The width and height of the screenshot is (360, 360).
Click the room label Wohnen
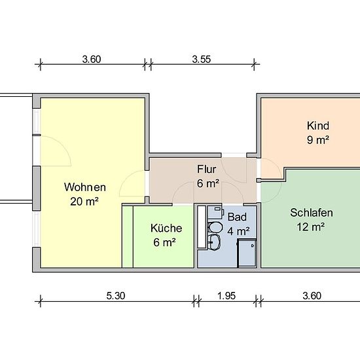[x=85, y=187]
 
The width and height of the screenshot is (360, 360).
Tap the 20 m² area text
[x=84, y=202]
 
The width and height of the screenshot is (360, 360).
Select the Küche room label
[x=166, y=228]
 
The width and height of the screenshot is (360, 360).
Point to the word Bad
[x=237, y=217]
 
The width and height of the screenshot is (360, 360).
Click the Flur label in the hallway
[x=207, y=170]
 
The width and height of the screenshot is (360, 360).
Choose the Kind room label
[x=318, y=126]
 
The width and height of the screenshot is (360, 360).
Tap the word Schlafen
[x=312, y=213]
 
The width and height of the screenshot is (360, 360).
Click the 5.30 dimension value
[x=116, y=296]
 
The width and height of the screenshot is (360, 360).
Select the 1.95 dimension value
[x=226, y=296]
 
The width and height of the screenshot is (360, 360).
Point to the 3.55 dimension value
[x=202, y=59]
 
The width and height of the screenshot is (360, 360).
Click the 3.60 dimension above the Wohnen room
[x=92, y=59]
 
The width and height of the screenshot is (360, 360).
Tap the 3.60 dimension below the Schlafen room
[x=312, y=296]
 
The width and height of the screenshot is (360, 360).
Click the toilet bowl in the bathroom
[x=215, y=227]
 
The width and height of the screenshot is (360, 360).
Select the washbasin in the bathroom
[x=214, y=242]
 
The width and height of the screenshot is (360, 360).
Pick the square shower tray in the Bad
[x=247, y=253]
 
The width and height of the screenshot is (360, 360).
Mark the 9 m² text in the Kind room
[x=318, y=140]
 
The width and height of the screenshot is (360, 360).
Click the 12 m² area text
[x=311, y=227]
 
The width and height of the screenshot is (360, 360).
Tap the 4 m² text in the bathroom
[x=238, y=231]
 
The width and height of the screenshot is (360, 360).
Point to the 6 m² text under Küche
[x=164, y=242]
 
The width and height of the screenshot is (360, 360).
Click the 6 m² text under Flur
[x=208, y=183]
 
